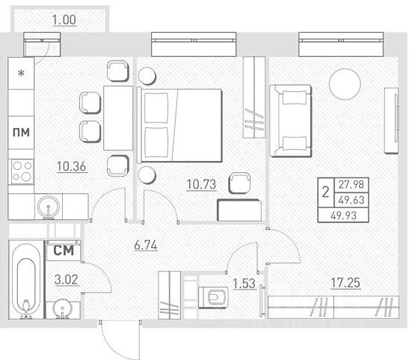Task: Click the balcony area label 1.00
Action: tap(64, 20)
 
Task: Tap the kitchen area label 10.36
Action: tap(72, 166)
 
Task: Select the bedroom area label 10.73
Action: tap(202, 185)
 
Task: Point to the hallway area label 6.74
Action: tap(146, 245)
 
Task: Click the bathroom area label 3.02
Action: tap(67, 280)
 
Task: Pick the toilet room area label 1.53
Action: tap(244, 284)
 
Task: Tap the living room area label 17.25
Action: tap(345, 283)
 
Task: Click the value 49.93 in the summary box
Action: tap(343, 216)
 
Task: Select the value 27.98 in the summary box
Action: tap(351, 185)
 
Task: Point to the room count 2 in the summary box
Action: tap(325, 192)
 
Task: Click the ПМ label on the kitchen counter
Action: tap(21, 132)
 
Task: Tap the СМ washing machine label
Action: tap(64, 251)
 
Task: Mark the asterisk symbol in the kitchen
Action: tap(21, 73)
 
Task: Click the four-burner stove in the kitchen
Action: tap(22, 172)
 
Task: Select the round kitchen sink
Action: tap(49, 207)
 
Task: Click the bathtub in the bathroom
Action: tap(26, 280)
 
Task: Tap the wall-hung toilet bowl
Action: tap(213, 297)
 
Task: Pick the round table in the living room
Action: tap(345, 84)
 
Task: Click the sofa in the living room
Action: tap(291, 120)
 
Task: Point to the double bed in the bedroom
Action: tap(179, 125)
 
